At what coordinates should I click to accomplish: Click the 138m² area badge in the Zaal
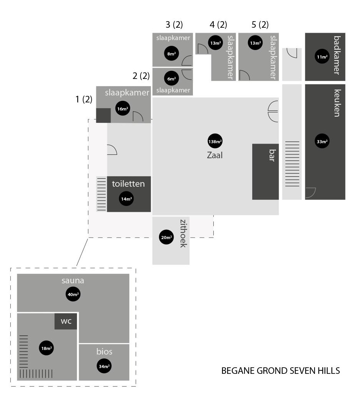(x=215, y=141)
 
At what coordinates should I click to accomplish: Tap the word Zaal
(x=214, y=156)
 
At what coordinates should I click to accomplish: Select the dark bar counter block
(x=265, y=172)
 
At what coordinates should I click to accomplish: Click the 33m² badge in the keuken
(x=322, y=141)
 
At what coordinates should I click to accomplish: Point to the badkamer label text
(x=337, y=55)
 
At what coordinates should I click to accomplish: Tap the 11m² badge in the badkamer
(x=322, y=57)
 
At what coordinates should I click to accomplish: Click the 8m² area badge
(x=171, y=54)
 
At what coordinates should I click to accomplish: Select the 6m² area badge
(x=171, y=79)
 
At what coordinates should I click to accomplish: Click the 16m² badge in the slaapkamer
(x=122, y=109)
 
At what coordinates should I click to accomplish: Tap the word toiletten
(x=128, y=184)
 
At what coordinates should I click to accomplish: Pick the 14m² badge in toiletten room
(x=126, y=199)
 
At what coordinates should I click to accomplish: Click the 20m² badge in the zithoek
(x=166, y=238)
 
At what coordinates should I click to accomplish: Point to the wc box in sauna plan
(x=66, y=321)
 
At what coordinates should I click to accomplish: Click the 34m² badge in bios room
(x=104, y=366)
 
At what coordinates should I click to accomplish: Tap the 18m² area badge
(x=46, y=348)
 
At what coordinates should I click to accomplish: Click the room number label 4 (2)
(x=218, y=25)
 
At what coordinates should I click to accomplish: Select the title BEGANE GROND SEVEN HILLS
(x=280, y=371)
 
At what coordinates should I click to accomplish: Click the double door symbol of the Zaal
(x=273, y=111)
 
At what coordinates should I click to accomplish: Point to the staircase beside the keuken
(x=292, y=164)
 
